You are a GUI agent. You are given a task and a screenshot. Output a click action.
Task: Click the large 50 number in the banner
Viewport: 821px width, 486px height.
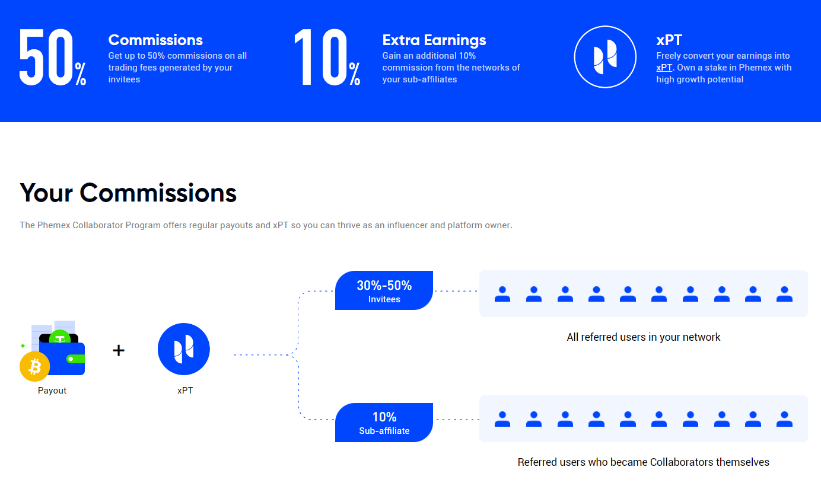tap(46, 57)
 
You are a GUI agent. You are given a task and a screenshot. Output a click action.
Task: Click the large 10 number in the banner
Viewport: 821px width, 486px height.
tap(321, 57)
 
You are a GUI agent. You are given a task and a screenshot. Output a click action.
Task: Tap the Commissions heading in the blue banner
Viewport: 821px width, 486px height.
tap(155, 40)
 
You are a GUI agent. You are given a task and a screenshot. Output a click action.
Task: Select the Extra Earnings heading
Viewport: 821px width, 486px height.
tap(434, 40)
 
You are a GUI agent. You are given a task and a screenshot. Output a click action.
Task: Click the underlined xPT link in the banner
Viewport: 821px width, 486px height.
tap(664, 68)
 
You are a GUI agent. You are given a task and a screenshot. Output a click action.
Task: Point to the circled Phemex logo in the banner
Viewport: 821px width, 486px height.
tap(605, 57)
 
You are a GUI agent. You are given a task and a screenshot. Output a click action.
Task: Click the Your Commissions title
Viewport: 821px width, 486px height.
tap(128, 193)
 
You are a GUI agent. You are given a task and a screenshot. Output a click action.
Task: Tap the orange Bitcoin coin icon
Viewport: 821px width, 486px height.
tap(35, 366)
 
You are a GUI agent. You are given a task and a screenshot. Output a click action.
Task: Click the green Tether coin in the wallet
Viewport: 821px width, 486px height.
tap(60, 337)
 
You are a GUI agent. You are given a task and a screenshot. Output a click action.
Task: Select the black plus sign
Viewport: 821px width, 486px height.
tap(119, 350)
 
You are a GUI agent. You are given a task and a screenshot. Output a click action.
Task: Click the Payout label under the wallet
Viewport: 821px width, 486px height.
tap(52, 391)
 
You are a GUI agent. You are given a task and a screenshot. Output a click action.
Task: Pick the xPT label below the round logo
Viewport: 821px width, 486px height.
tap(185, 391)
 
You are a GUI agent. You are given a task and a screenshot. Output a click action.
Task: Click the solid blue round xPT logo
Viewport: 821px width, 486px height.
tap(184, 349)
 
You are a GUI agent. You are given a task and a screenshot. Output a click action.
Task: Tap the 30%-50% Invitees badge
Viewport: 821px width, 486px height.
tap(384, 290)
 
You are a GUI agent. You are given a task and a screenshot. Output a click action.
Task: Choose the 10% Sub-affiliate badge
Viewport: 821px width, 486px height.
tap(384, 423)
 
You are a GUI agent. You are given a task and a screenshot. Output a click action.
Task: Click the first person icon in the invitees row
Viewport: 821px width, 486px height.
tap(502, 294)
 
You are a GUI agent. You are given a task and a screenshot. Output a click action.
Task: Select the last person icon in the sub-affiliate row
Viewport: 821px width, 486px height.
tap(784, 419)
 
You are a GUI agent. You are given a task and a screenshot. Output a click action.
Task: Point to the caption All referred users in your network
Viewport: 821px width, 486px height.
tap(643, 337)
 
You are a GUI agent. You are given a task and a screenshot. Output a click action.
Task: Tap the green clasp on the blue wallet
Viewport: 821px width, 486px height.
tap(76, 359)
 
